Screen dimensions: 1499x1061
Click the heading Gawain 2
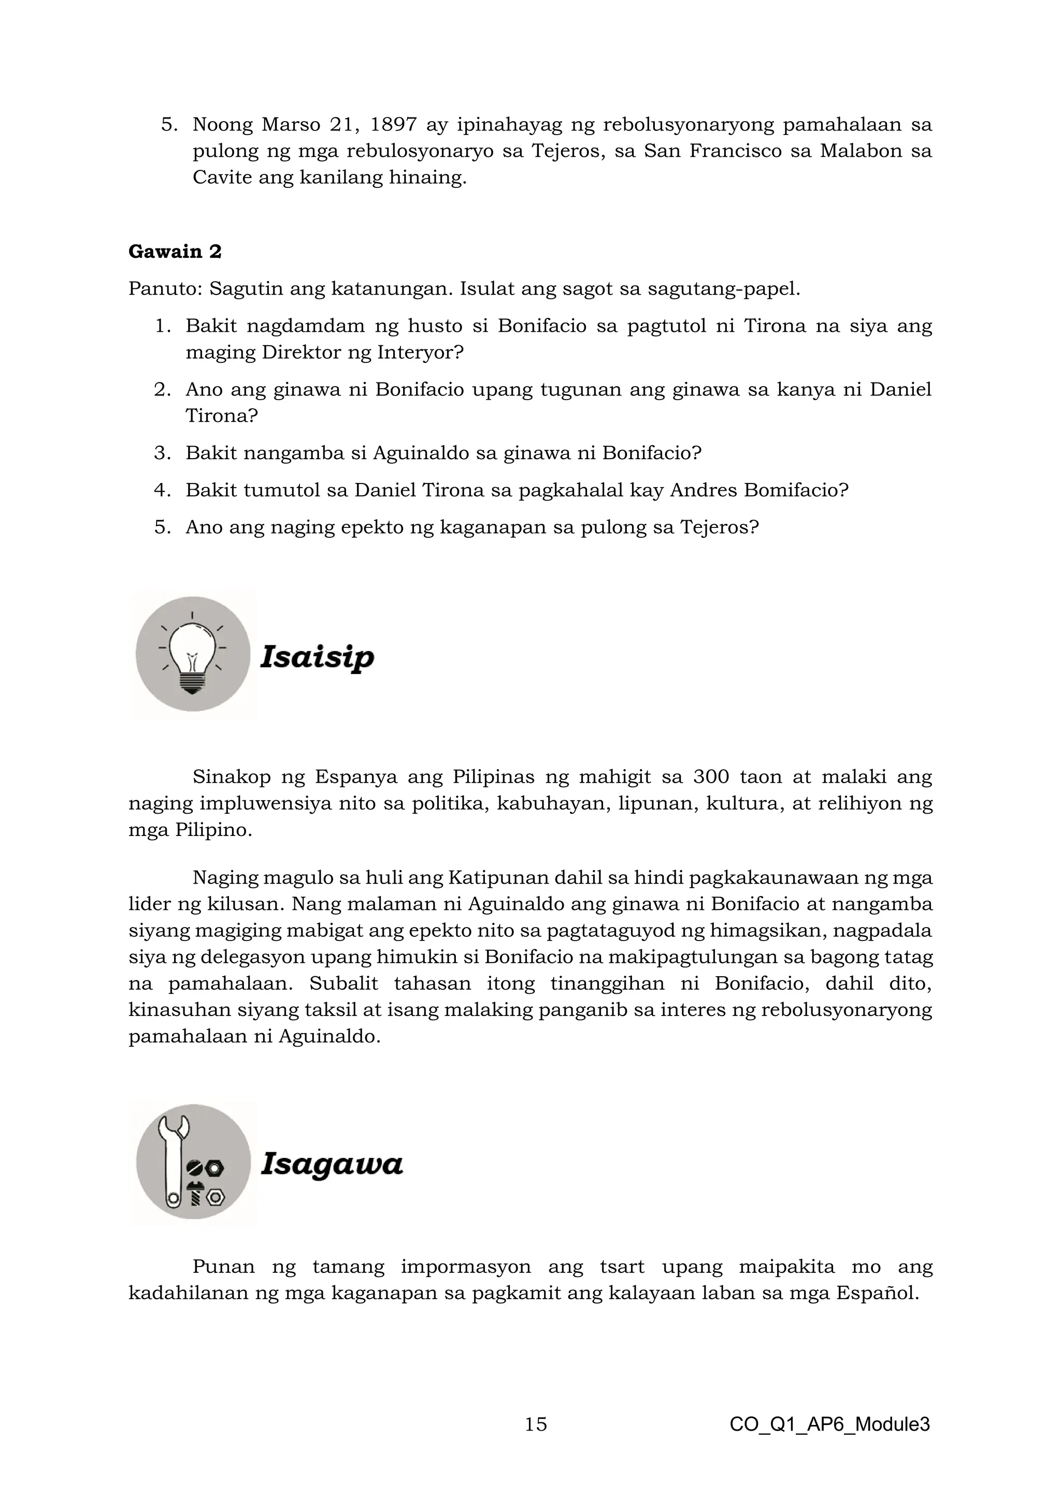point(175,252)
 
